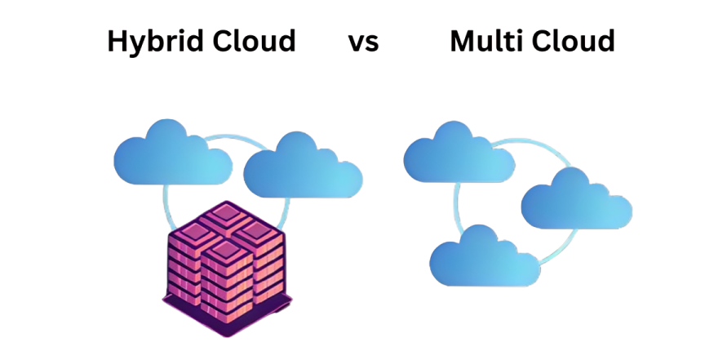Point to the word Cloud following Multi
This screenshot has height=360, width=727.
[574, 40]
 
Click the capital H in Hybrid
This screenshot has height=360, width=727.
[117, 40]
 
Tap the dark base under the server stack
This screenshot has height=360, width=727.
[225, 323]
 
